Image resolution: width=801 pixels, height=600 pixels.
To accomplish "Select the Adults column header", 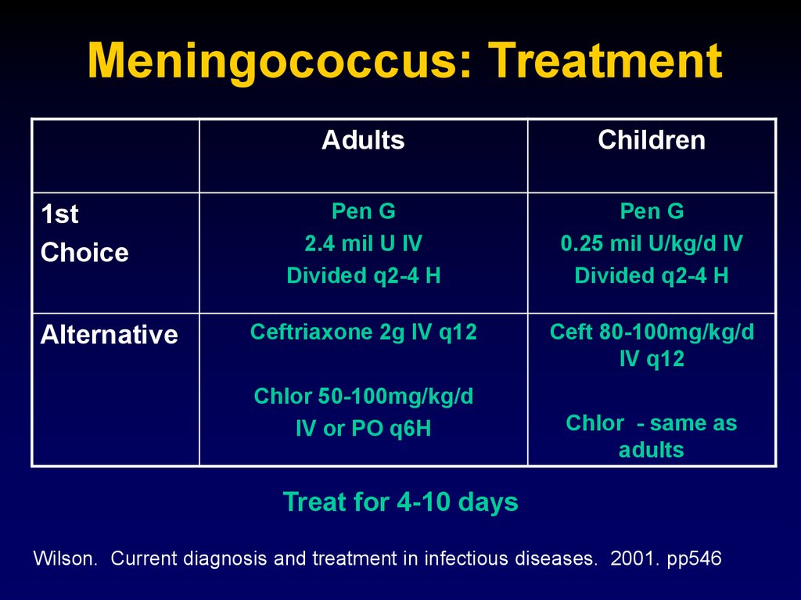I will (x=363, y=140).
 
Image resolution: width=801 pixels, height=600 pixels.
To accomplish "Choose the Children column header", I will (x=652, y=140).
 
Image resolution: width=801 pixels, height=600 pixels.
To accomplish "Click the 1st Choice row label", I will (x=84, y=233).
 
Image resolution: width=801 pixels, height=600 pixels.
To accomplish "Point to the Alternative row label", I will (x=110, y=335).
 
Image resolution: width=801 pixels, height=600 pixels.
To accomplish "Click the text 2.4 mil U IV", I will (x=363, y=244).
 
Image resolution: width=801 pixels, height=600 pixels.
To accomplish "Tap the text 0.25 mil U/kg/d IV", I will (x=652, y=244).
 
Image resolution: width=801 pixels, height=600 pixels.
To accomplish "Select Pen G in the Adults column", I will (x=363, y=211).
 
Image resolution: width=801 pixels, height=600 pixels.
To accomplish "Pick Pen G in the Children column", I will (x=652, y=211).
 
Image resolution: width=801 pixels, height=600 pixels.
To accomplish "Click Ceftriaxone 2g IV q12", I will (x=363, y=332).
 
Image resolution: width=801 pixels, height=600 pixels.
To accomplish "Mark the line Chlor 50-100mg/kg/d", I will (x=363, y=397).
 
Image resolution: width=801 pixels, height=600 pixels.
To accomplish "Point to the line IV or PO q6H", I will (x=363, y=429).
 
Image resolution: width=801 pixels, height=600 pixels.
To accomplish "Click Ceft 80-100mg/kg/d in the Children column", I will (x=652, y=332).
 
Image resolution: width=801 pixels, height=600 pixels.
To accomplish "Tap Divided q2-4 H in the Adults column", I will (x=363, y=276).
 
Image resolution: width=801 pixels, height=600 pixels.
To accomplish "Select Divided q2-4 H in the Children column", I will (x=652, y=276).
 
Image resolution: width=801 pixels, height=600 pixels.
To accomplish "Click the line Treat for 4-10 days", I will (x=400, y=501).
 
